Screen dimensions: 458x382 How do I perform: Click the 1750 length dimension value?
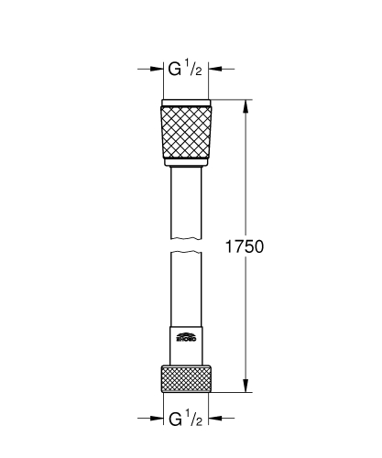[x=245, y=246]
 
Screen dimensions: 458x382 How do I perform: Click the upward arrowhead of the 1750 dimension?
[x=245, y=104]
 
